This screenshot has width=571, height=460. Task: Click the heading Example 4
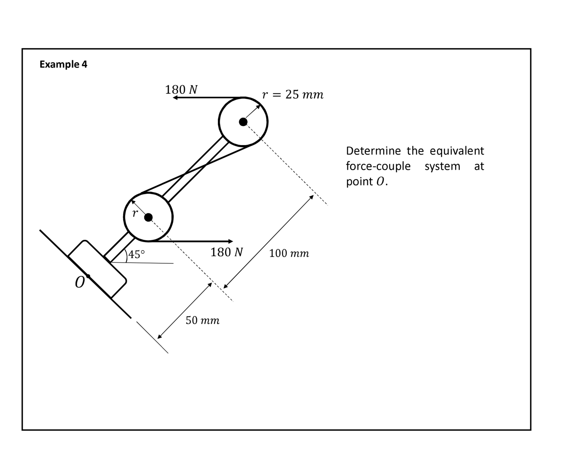point(63,64)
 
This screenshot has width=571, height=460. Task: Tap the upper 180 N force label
point(181,90)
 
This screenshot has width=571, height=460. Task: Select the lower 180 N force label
point(227,252)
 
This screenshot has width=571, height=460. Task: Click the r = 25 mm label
point(293,94)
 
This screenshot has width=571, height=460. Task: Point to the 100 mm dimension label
point(289,253)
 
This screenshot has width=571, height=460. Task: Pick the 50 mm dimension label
point(203,320)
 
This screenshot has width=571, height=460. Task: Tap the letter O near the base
point(79,283)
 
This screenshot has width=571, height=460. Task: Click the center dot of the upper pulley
point(243,122)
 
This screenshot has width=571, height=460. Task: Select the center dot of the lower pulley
point(148,217)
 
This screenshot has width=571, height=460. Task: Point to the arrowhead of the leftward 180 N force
point(175,98)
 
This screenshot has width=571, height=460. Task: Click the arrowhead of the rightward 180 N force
point(230,241)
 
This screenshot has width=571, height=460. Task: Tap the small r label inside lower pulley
point(135,213)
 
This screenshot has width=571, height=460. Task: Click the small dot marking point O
point(88,276)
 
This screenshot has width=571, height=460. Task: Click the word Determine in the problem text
point(373,151)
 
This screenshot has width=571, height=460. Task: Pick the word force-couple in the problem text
point(378,166)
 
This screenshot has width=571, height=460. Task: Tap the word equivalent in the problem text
point(457,151)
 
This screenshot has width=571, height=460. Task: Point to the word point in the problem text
point(359,182)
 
